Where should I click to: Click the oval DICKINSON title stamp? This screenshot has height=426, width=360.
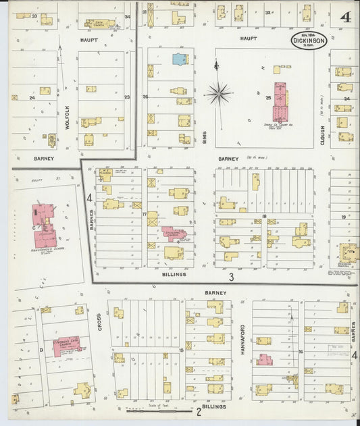309,41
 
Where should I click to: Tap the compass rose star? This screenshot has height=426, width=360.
217,93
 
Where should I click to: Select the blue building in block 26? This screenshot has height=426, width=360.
180,59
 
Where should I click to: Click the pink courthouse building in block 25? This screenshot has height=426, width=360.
279,101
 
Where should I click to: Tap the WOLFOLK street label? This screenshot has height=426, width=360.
68,116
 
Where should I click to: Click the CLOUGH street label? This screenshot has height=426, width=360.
323,134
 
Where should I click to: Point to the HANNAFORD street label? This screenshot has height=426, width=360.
241,337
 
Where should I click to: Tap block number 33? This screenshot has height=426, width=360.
34,15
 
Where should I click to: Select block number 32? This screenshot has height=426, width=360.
267,12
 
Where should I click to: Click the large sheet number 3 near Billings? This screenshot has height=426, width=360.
230,277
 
